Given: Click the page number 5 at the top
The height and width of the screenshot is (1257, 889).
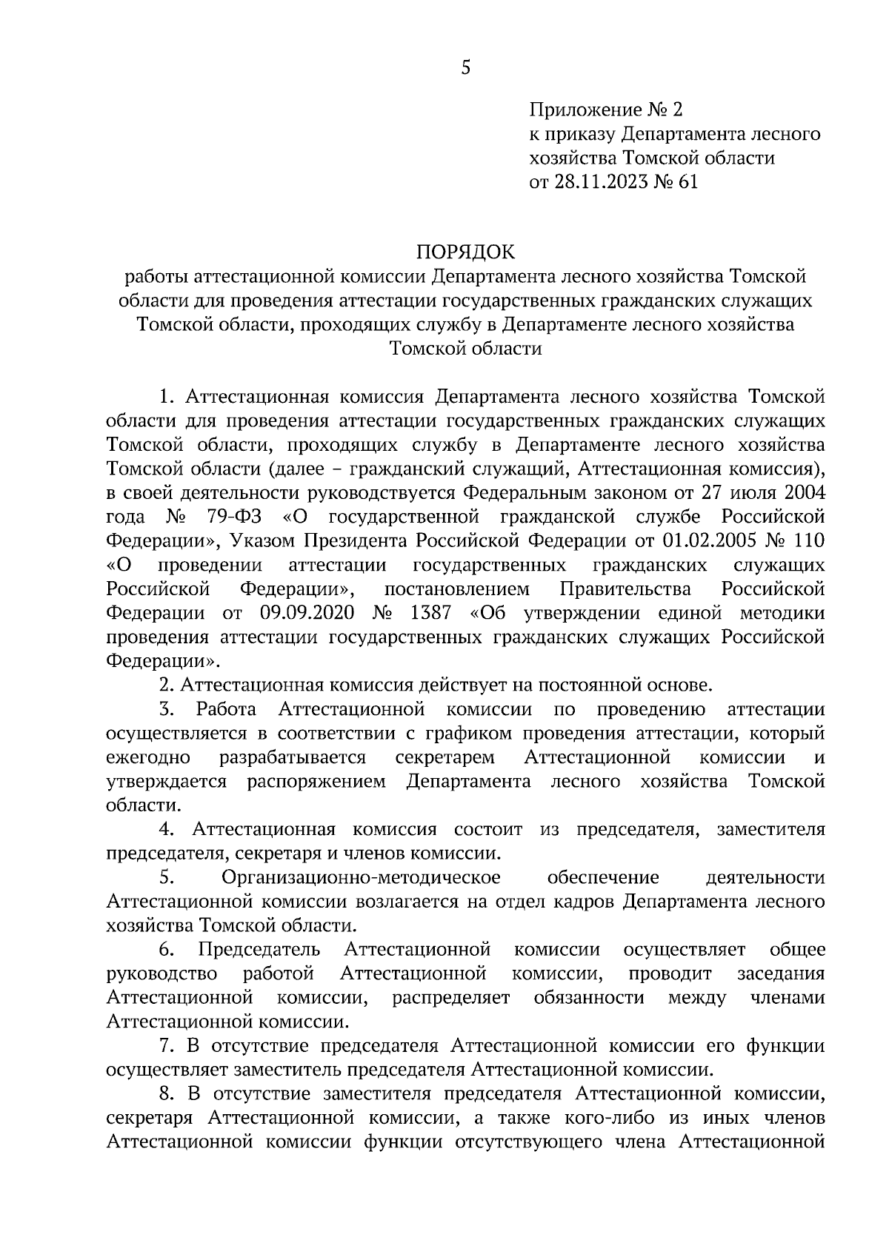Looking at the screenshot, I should tap(465, 68).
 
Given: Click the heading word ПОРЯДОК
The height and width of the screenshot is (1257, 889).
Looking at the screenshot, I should tap(465, 252).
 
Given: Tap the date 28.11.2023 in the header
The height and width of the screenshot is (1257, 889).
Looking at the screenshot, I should tap(599, 181).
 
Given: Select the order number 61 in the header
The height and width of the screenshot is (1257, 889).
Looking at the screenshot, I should tap(687, 181).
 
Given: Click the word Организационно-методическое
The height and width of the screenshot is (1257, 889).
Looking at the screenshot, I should tap(361, 877).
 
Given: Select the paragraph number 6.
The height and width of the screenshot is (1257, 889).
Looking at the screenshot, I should tap(166, 950).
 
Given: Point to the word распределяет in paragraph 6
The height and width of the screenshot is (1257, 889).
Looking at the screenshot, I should tap(451, 997).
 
